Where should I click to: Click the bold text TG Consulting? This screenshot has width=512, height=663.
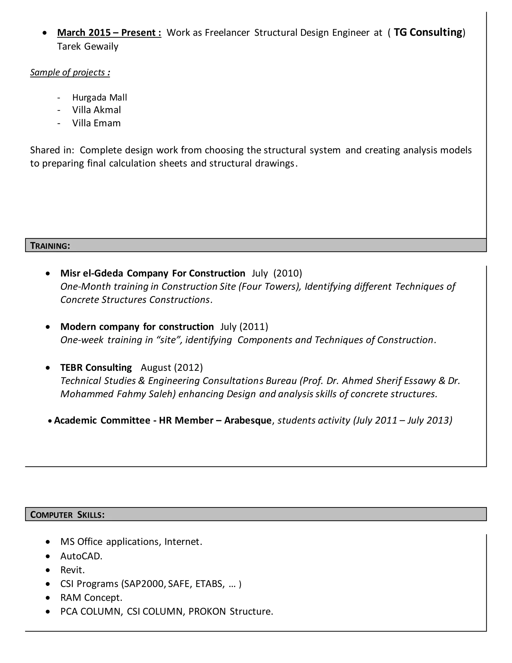(x=428, y=32)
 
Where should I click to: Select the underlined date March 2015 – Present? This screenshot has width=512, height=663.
(x=109, y=33)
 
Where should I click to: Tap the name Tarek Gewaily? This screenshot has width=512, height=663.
(x=88, y=47)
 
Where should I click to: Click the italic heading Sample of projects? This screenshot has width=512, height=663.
(x=70, y=72)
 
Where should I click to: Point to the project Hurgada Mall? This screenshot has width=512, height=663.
(x=99, y=97)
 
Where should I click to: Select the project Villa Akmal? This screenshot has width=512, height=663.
(x=96, y=110)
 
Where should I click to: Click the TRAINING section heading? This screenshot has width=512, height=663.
(x=50, y=246)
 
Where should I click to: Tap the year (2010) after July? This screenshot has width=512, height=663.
(x=287, y=273)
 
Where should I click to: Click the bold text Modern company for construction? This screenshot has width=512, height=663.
(x=137, y=327)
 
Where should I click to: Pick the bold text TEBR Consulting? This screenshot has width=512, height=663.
(x=96, y=368)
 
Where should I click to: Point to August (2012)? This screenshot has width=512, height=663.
(x=172, y=368)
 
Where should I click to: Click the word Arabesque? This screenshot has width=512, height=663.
(x=248, y=421)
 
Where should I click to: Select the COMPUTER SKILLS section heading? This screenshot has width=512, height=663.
(x=67, y=515)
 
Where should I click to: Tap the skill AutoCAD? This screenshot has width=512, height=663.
(x=81, y=556)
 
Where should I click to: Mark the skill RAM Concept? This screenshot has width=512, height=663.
(x=91, y=598)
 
